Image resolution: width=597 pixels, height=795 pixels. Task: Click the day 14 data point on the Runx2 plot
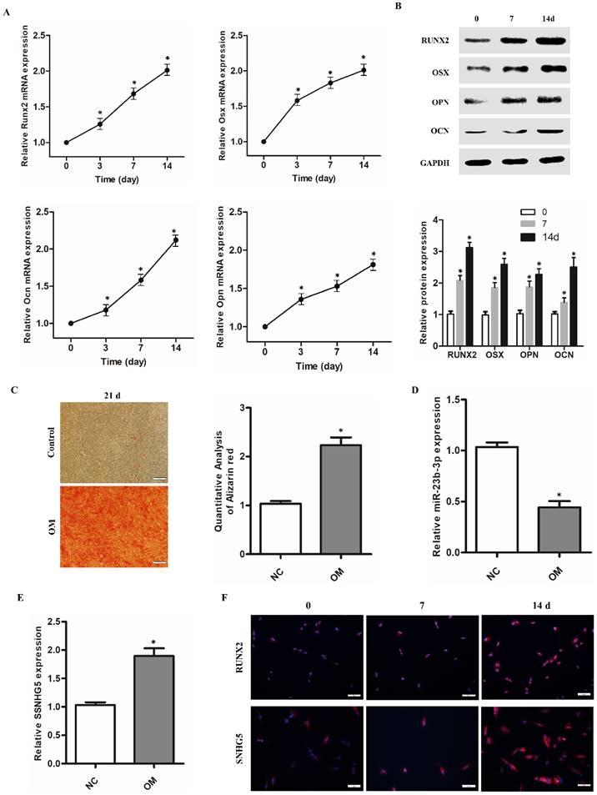tap(167, 71)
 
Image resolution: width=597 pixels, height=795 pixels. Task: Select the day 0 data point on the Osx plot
tap(263, 142)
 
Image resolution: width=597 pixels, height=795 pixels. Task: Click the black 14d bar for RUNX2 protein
tap(469, 290)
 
